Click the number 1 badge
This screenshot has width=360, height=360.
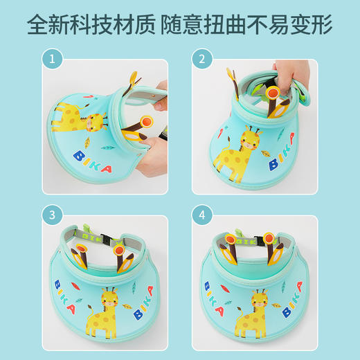coord(51,60)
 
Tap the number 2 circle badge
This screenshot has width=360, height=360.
coord(202,60)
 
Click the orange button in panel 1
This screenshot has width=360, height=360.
coord(145,123)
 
